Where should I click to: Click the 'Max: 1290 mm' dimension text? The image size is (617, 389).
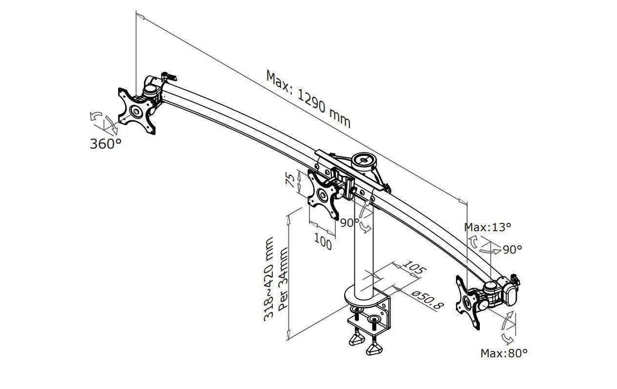click(308, 99)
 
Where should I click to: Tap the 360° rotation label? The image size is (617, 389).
click(105, 144)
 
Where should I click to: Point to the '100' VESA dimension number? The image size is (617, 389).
click(323, 241)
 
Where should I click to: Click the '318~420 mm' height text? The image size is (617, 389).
click(268, 279)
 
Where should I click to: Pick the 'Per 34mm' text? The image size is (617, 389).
click(283, 280)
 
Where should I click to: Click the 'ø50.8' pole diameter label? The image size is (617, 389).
click(428, 300)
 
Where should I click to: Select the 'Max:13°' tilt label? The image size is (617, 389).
click(488, 227)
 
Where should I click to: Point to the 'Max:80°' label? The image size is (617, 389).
click(504, 353)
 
